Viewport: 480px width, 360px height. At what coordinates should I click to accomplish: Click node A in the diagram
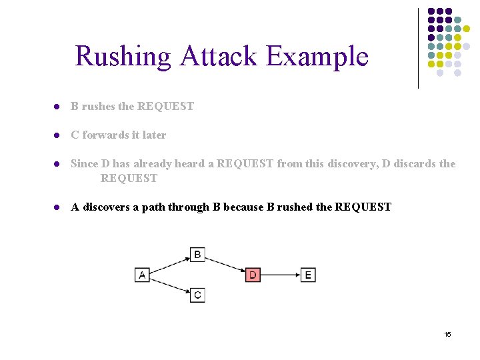coord(142,275)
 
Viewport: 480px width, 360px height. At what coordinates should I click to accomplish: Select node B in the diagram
coord(197,254)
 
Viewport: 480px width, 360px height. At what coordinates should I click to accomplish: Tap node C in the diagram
coord(197,295)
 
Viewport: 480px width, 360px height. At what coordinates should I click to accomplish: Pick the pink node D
coord(253,275)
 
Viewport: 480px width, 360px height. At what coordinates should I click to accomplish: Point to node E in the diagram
coord(307,275)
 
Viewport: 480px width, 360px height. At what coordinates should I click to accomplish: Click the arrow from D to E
coord(280,275)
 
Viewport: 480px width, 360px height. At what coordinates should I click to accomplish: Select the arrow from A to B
coord(169,265)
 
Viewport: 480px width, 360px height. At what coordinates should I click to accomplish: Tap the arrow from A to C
coord(169,285)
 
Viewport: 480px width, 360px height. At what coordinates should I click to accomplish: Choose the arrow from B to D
coord(225,265)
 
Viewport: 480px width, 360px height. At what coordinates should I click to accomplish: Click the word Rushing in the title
coord(123,56)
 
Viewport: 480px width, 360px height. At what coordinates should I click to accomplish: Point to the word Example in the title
coord(317,56)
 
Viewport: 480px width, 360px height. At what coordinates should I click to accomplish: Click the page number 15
coord(447,334)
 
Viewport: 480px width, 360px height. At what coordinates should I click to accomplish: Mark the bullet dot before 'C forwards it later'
coord(58,135)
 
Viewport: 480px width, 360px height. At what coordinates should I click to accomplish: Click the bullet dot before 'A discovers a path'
coord(58,207)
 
